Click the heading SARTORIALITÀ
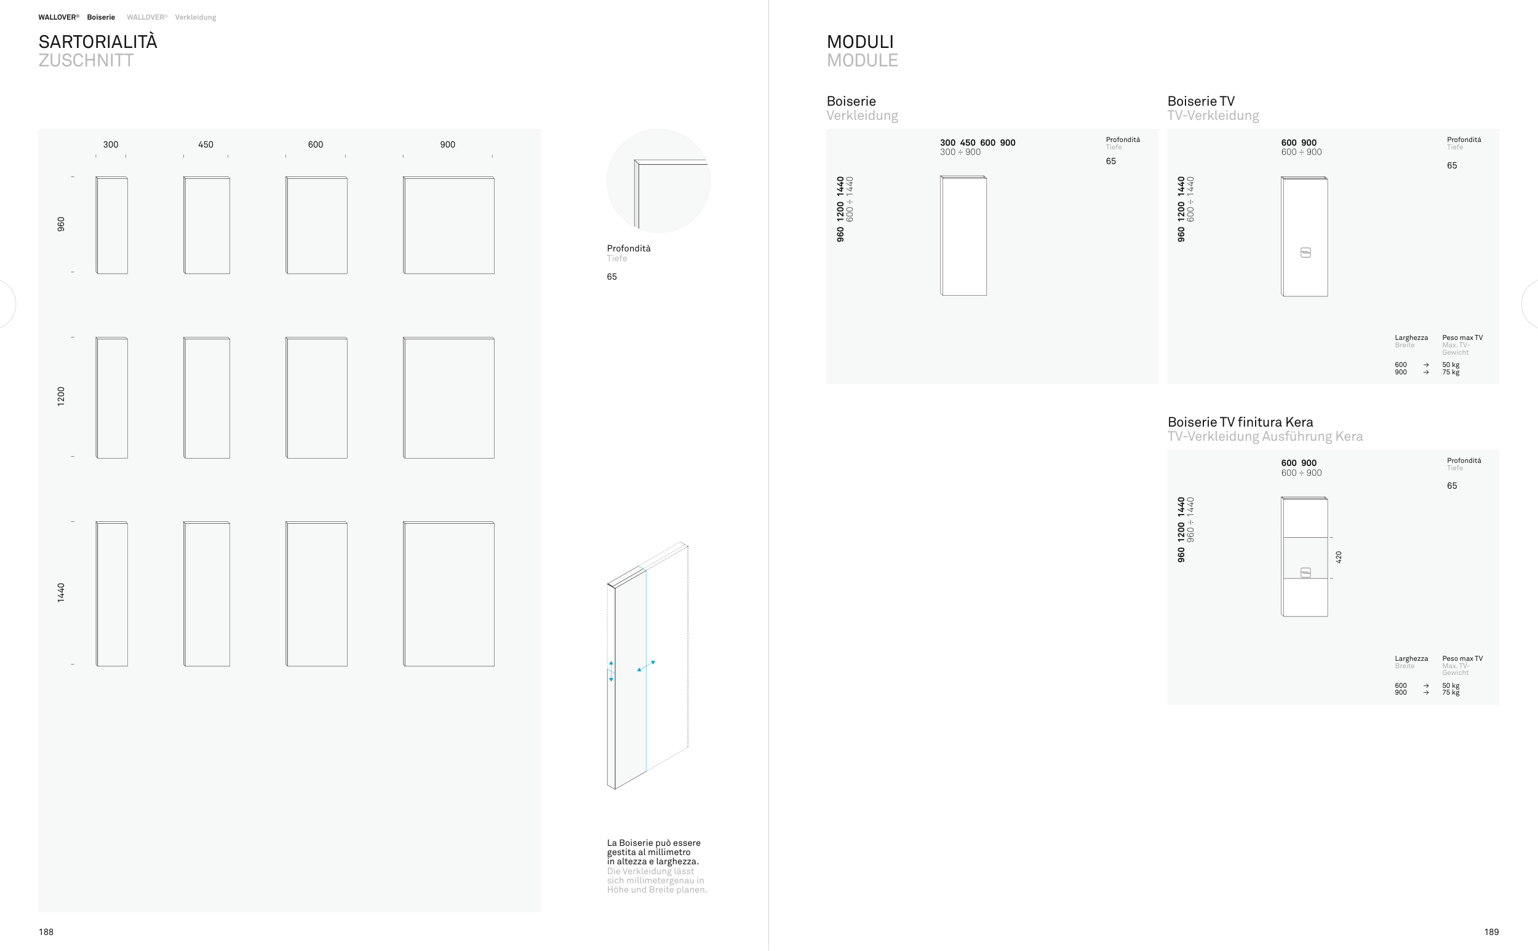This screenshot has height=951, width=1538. (x=98, y=42)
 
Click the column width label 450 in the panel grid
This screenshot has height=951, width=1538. (x=205, y=144)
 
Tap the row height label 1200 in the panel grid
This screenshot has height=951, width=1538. (x=61, y=397)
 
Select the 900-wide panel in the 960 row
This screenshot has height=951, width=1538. (x=448, y=225)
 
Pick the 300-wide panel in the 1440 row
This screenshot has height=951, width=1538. (x=112, y=594)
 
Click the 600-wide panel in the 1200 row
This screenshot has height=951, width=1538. (x=317, y=398)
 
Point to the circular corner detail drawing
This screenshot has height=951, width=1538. (x=659, y=181)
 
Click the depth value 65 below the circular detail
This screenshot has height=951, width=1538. (x=612, y=277)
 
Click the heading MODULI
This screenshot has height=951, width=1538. (x=860, y=42)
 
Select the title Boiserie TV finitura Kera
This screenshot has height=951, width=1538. (x=1240, y=422)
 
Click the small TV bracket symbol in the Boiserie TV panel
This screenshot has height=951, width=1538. (x=1306, y=253)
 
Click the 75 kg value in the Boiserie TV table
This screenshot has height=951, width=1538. (x=1451, y=373)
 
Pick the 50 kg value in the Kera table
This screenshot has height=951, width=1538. (x=1451, y=685)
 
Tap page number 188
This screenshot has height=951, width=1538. (x=46, y=932)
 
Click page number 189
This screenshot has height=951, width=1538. (x=1491, y=932)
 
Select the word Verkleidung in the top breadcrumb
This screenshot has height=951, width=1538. (x=196, y=18)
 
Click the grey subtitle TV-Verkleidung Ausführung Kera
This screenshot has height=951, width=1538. (x=1265, y=436)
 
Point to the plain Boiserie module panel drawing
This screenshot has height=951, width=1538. (x=963, y=235)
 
